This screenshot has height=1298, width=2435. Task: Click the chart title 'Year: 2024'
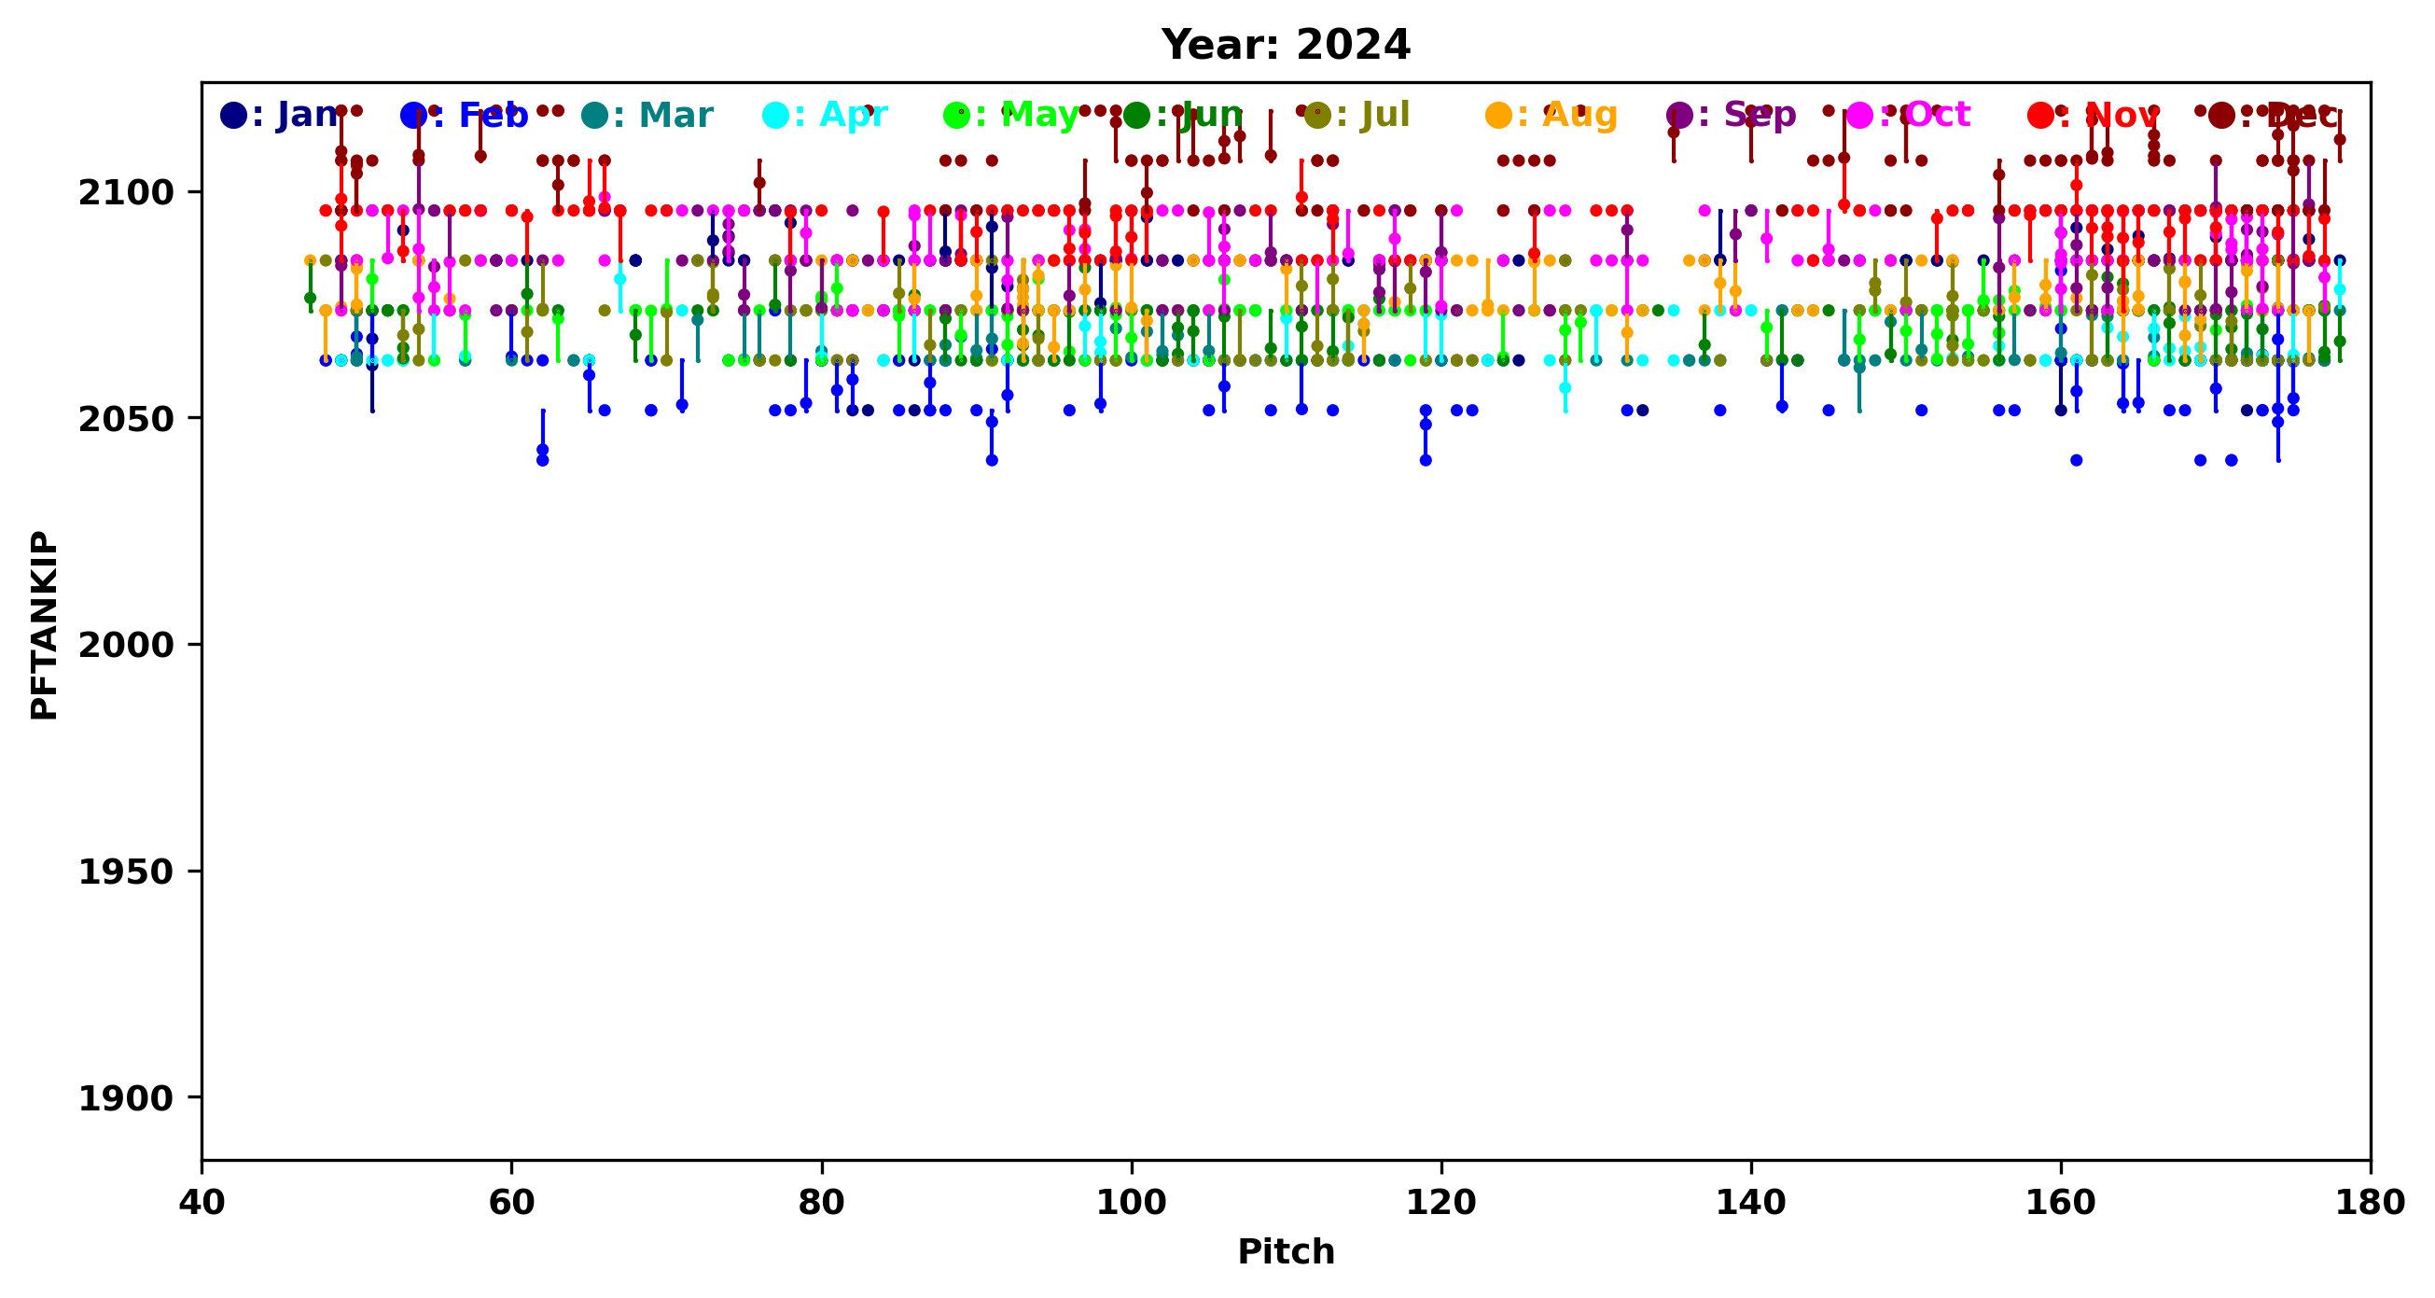tap(1286, 46)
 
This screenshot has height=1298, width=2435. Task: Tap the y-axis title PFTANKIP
tap(45, 625)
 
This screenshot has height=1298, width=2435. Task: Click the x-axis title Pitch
tap(1286, 1251)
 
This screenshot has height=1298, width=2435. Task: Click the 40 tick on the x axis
tap(202, 1203)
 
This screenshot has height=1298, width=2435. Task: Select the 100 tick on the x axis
tap(1132, 1203)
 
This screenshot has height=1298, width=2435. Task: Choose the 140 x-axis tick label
tap(1750, 1203)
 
